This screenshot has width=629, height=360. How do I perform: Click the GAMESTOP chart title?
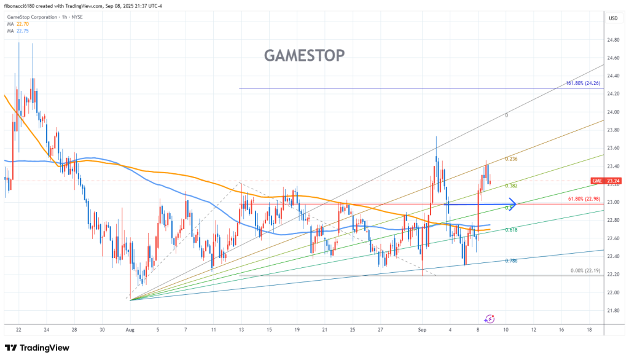tap(304, 56)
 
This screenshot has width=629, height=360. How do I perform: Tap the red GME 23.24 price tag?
tap(604, 181)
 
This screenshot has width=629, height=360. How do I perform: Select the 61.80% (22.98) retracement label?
tap(583, 198)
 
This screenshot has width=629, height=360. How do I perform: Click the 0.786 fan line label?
tap(510, 260)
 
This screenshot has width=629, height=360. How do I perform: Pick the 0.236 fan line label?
tap(510, 159)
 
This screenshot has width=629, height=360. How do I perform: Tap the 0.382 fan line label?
tap(510, 186)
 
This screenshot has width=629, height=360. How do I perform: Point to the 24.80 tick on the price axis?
tap(612, 40)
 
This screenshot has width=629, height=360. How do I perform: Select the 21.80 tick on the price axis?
tap(612, 311)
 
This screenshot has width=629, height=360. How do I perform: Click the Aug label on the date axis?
tap(130, 329)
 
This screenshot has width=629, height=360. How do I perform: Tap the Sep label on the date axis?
tap(423, 329)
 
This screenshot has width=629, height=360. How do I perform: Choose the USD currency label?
tap(612, 18)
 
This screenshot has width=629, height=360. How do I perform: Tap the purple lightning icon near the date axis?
tap(490, 319)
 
